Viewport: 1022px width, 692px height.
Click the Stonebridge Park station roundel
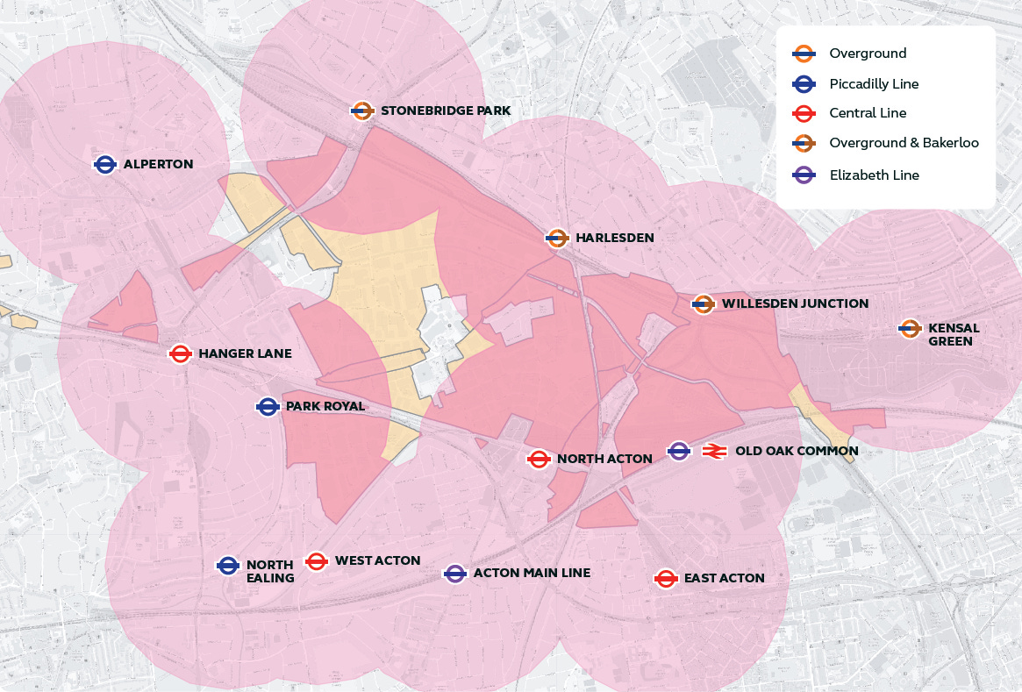tap(363, 111)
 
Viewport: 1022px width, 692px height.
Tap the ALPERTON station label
tap(158, 164)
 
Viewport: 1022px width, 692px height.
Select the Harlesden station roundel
tap(557, 238)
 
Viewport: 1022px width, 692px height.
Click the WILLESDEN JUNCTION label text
tap(795, 304)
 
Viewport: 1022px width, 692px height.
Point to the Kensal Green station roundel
tap(911, 329)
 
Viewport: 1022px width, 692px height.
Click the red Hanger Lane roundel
tap(181, 353)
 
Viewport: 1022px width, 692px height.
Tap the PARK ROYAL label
tap(325, 407)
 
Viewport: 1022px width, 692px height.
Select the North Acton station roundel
tap(539, 459)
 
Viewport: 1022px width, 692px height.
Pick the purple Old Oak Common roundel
tap(679, 451)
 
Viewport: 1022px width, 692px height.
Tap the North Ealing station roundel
tap(228, 567)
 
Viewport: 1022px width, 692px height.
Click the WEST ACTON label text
tap(377, 560)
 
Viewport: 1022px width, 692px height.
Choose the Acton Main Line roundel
tap(454, 574)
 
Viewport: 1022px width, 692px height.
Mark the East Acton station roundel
tap(666, 579)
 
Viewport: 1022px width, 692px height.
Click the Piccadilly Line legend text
tap(874, 84)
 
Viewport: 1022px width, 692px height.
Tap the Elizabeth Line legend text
tap(874, 175)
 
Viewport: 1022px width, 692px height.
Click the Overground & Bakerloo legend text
tap(904, 143)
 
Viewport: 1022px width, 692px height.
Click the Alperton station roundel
tap(105, 164)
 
